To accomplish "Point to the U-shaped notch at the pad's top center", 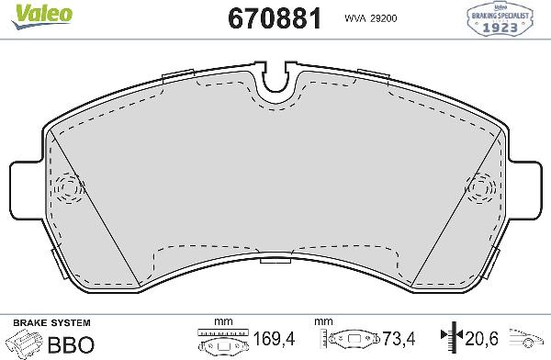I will coord(275,83).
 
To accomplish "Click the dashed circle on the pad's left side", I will coord(68,187).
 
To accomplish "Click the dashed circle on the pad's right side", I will coord(482,187).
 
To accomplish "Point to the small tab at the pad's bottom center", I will coord(275,263).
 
